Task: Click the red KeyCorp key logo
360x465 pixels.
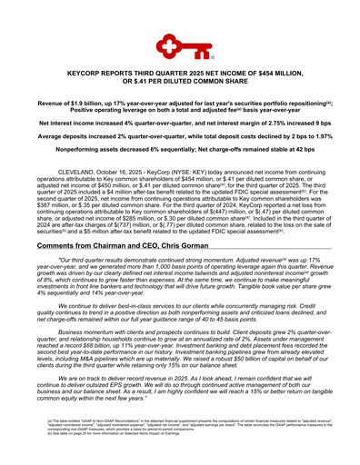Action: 180,45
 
